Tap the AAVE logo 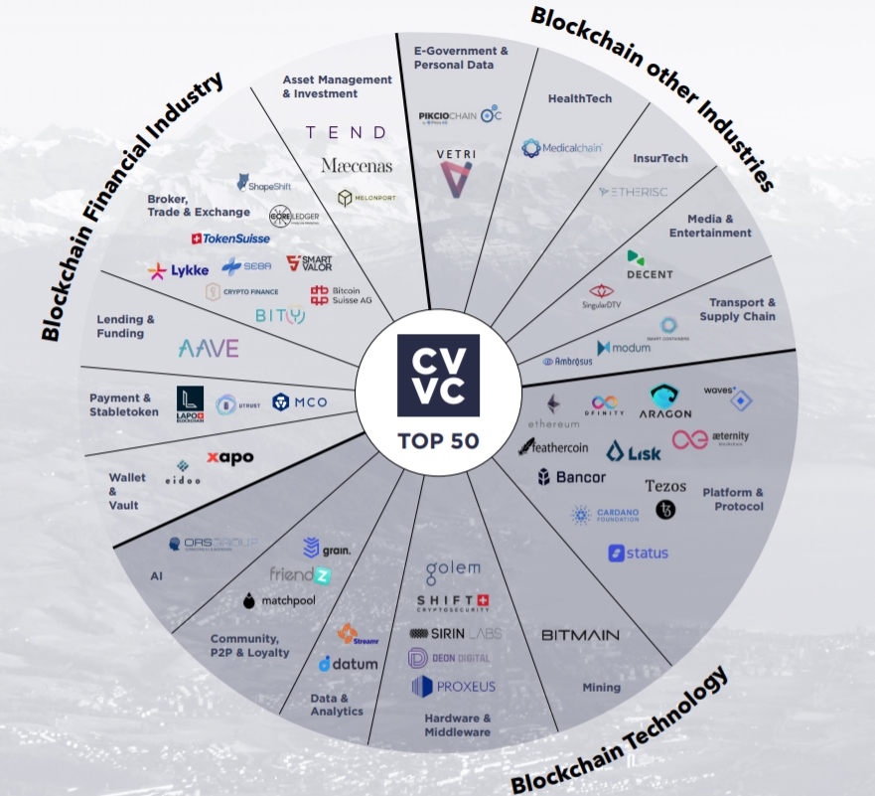coord(208,348)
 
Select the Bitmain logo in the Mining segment coord(580,634)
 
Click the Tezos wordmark coord(665,486)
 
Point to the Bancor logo coord(571,478)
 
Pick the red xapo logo coord(229,457)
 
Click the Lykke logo coord(178,270)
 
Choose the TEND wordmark coord(346,132)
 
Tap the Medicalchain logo coord(562,148)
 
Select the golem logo coord(453,571)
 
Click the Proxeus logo coord(453,686)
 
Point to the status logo coord(639,553)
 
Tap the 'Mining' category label coord(601,687)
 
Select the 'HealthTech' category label coord(580,98)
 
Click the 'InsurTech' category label coord(660,158)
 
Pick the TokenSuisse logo coord(230,239)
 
